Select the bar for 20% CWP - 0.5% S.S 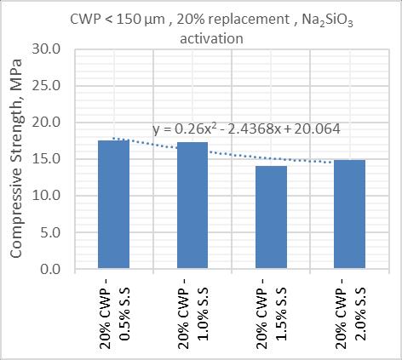click(113, 204)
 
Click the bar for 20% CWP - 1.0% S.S click(192, 205)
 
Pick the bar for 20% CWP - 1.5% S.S click(271, 217)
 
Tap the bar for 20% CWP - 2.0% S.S click(349, 214)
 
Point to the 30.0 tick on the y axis click(46, 49)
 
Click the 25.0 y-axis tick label click(46, 86)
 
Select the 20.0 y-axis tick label click(46, 123)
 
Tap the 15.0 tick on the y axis click(46, 159)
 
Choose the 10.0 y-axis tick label click(46, 196)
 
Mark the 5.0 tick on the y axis click(50, 232)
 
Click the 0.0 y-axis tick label click(50, 269)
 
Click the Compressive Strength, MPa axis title click(16, 158)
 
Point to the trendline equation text click(246, 129)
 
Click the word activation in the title click(211, 38)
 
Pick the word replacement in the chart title click(233, 20)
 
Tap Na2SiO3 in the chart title click(327, 20)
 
